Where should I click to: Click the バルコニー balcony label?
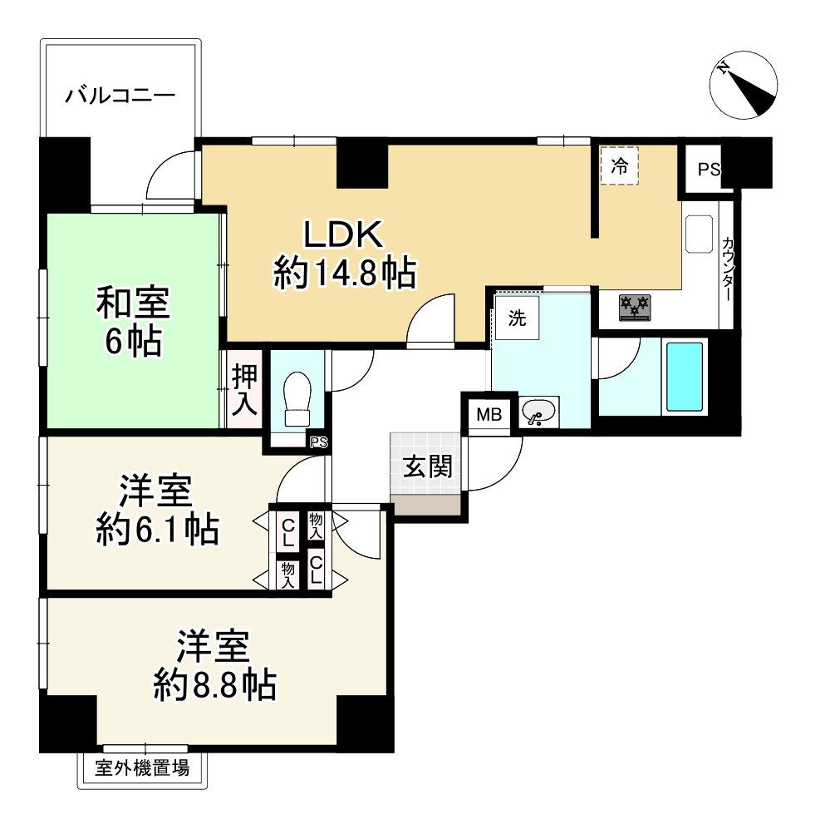pyautogui.click(x=120, y=94)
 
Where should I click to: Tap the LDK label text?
pyautogui.click(x=342, y=235)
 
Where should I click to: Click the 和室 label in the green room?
pyautogui.click(x=133, y=303)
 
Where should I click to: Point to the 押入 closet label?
pyautogui.click(x=244, y=389)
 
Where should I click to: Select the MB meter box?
pyautogui.click(x=489, y=414)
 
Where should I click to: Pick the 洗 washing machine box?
pyautogui.click(x=517, y=319)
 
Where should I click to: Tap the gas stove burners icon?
pyautogui.click(x=636, y=307)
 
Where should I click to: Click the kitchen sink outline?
pyautogui.click(x=699, y=234)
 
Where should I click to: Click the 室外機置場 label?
pyautogui.click(x=142, y=768)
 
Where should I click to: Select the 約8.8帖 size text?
pyautogui.click(x=214, y=685)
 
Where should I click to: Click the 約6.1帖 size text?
pyautogui.click(x=157, y=529)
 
